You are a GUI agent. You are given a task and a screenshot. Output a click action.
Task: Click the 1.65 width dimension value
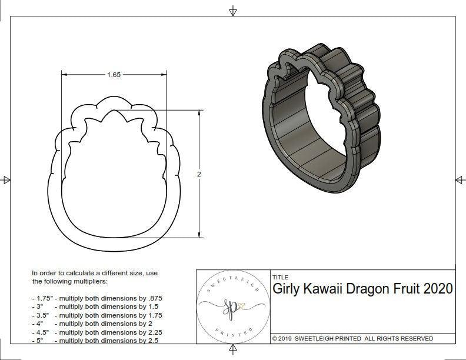tap(114, 75)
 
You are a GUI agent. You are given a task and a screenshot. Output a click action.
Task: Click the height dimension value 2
tap(199, 174)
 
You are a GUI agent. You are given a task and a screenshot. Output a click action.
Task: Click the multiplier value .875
tap(154, 298)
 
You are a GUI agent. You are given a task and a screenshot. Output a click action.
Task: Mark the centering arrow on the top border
tap(233, 11)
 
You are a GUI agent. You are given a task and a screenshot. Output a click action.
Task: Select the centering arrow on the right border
tap(459, 179)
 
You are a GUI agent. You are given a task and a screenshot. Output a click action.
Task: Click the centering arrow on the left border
tap(6, 179)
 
